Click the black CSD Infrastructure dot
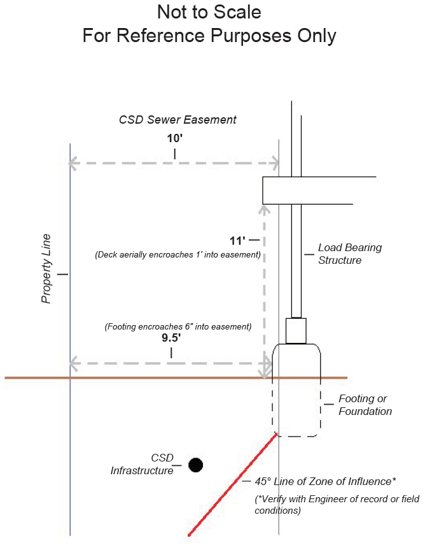coord(196,465)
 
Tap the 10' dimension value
coord(174,138)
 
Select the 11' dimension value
coord(237,241)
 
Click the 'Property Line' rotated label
coord(46,268)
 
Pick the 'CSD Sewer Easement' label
coord(178,120)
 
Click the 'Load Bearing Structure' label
coord(350,254)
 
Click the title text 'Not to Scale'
coord(209,12)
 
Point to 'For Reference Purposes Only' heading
coord(209,36)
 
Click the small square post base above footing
coord(296,330)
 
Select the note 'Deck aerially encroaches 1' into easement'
coord(178,255)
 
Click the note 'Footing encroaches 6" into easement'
coord(178,327)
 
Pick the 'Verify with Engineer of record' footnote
coord(337,504)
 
